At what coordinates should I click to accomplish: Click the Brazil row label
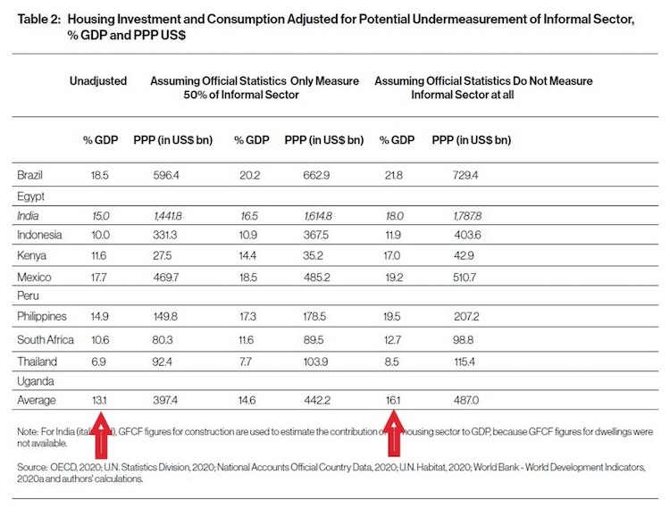click(x=29, y=175)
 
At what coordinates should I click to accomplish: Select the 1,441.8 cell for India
click(x=168, y=216)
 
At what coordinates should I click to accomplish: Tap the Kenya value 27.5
click(x=162, y=255)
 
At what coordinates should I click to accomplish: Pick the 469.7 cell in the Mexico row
click(x=166, y=278)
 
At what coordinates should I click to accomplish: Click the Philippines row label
click(x=42, y=317)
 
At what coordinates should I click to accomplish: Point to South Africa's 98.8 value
click(x=463, y=340)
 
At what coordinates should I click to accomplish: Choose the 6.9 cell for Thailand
click(x=98, y=362)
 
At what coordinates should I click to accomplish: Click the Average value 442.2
click(x=317, y=400)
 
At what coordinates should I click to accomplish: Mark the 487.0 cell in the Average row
click(x=466, y=400)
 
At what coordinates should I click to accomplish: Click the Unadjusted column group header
click(x=98, y=80)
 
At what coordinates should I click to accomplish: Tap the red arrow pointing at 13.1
click(x=101, y=435)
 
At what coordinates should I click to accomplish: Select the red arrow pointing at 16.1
click(x=394, y=433)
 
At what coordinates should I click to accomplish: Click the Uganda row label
click(x=36, y=381)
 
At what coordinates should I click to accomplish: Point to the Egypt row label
click(x=30, y=196)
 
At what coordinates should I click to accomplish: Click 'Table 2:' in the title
click(x=39, y=20)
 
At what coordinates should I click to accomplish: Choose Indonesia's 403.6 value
click(x=467, y=235)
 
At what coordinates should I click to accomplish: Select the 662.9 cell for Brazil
click(x=316, y=175)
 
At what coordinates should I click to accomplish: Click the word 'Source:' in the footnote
click(x=32, y=467)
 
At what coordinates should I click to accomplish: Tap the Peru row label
click(x=28, y=295)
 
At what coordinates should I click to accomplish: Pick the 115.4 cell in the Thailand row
click(x=465, y=362)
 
